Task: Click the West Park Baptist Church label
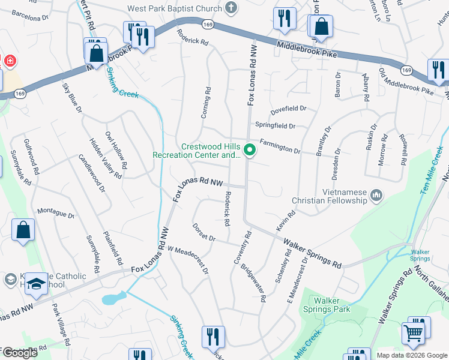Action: tap(174, 9)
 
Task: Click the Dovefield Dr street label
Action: tap(288, 109)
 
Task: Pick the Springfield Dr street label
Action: tap(276, 126)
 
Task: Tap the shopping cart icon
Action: tap(413, 332)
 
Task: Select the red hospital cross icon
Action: tap(9, 61)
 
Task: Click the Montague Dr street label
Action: tap(56, 213)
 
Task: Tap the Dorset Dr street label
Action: tap(204, 233)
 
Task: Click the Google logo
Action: tap(19, 353)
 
